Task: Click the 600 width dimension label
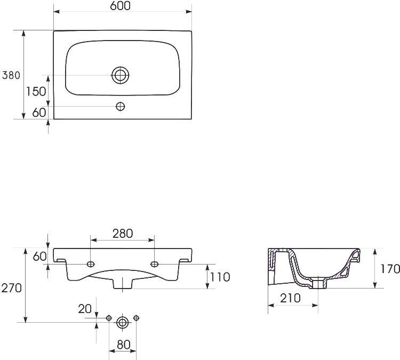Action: [x=120, y=6]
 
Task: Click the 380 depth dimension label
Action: [x=11, y=75]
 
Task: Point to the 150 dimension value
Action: [x=36, y=91]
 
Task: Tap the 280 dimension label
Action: [x=123, y=234]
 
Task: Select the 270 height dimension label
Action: [x=12, y=288]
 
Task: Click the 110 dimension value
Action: [x=220, y=277]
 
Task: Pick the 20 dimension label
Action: [x=85, y=309]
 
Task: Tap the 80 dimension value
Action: [x=124, y=345]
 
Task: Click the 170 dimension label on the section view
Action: [x=390, y=269]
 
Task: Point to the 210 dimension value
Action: [x=290, y=298]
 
